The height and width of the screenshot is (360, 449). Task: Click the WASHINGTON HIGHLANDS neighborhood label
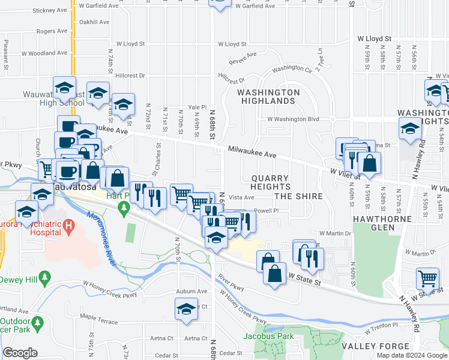[x=268, y=97]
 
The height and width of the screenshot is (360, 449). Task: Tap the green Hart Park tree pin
[x=124, y=208]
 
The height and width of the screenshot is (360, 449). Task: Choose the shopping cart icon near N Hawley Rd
[x=427, y=278]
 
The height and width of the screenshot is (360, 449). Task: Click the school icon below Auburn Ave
[x=187, y=310]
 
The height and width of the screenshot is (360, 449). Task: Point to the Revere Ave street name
[x=243, y=58]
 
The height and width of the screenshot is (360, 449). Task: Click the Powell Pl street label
[x=267, y=211]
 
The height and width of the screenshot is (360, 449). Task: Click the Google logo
[x=20, y=353]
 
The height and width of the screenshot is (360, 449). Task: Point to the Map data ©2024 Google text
[x=411, y=355]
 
